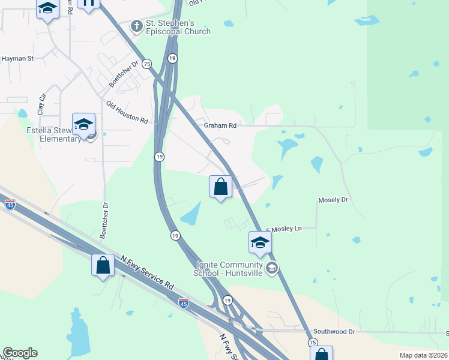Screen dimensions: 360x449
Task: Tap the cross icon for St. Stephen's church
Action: (x=137, y=26)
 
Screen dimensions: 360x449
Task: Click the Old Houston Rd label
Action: (x=127, y=112)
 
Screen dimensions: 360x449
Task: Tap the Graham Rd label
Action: (x=220, y=125)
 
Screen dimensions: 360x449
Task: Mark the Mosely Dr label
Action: (x=333, y=199)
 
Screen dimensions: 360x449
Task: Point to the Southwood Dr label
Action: (x=334, y=331)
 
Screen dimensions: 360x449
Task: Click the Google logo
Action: (x=20, y=353)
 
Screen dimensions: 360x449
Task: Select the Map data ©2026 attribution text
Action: (x=423, y=355)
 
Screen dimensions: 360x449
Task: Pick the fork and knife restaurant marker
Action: (x=88, y=3)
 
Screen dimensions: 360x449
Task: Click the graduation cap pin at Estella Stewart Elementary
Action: (x=83, y=124)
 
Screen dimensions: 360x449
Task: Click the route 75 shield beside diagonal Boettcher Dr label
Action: (x=147, y=64)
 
